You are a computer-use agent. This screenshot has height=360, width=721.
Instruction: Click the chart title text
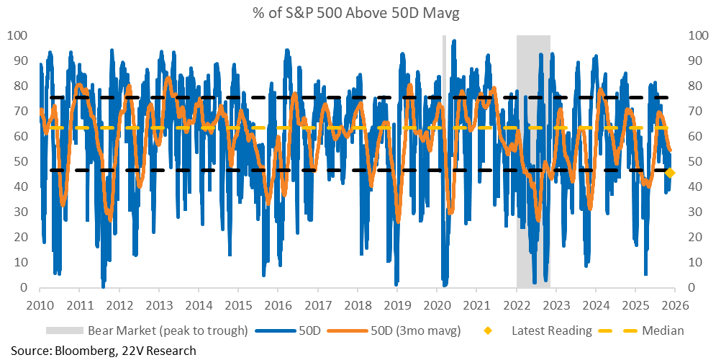(x=360, y=12)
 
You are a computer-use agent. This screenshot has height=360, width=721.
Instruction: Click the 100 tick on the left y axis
(x=18, y=35)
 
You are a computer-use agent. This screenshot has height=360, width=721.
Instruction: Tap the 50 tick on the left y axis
(x=21, y=161)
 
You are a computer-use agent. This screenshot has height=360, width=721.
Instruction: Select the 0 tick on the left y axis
(x=24, y=287)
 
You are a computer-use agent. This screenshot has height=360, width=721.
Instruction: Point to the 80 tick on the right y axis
(x=697, y=86)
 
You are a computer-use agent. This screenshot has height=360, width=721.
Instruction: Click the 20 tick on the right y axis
(x=697, y=237)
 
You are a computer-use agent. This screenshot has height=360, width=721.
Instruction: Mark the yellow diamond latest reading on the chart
(x=670, y=173)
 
